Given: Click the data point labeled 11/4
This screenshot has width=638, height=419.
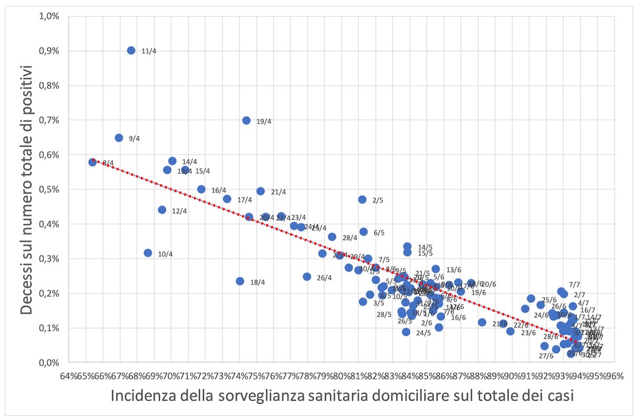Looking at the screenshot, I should (131, 50).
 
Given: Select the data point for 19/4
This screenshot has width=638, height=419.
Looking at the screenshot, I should (247, 120).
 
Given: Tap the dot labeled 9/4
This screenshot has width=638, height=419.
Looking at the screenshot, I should (119, 138).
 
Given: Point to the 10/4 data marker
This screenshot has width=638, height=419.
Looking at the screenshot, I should (148, 253).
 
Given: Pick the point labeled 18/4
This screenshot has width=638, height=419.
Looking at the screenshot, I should (240, 281).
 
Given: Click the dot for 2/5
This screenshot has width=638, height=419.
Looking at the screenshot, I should (362, 199).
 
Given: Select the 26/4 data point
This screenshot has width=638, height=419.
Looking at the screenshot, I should (307, 277).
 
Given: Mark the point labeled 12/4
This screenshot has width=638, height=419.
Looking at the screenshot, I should (162, 210).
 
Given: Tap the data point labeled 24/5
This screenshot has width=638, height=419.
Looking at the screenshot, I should (406, 332).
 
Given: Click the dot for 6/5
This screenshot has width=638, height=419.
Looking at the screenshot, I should (363, 232).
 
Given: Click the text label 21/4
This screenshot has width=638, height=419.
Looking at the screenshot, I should (278, 192).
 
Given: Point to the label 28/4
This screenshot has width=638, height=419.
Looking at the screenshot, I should (349, 238).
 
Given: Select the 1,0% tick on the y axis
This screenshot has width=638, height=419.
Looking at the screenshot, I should (50, 16).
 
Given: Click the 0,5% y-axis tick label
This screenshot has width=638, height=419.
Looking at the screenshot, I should (50, 190).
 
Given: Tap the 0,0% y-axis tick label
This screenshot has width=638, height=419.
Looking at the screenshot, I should (50, 363).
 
